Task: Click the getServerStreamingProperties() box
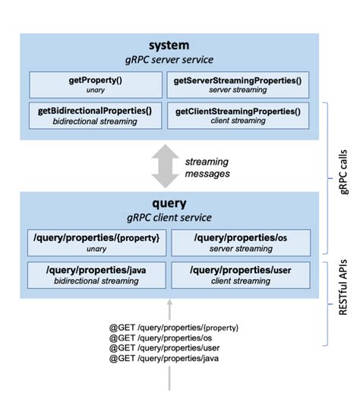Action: pos(237,85)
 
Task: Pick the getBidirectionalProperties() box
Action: pos(95,115)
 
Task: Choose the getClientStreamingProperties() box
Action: pos(237,115)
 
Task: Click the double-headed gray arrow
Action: pos(165,166)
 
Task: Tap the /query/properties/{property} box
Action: pos(95,243)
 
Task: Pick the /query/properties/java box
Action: pos(95,273)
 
